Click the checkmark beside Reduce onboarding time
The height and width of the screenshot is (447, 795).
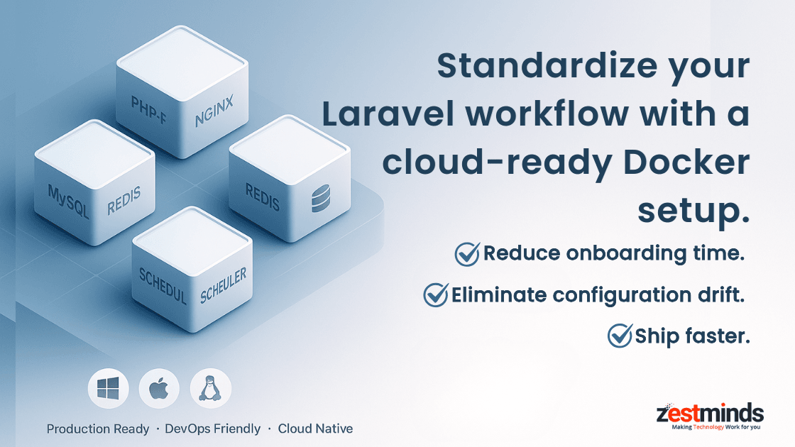(x=467, y=253)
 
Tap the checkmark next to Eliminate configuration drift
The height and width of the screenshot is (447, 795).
(x=435, y=294)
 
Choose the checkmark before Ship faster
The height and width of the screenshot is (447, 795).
(x=620, y=335)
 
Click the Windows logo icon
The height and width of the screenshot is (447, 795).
(x=109, y=389)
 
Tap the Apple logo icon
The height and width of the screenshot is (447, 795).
(x=160, y=389)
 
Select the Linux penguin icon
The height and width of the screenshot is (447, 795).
(x=211, y=389)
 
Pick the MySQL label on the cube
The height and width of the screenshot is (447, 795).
(x=68, y=202)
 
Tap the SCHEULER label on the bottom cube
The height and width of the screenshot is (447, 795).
(x=224, y=285)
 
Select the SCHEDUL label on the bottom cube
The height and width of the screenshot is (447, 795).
(x=163, y=285)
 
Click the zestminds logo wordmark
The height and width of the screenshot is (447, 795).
(x=710, y=413)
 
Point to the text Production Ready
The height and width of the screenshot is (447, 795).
(x=98, y=429)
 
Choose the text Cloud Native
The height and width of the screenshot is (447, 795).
(x=315, y=429)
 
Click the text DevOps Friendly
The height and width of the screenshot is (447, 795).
(x=213, y=429)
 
